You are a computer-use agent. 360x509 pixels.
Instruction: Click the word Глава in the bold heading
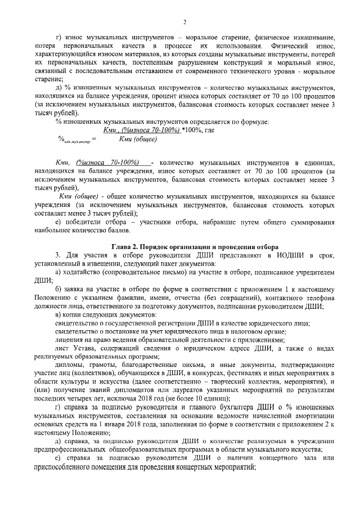point(123,247)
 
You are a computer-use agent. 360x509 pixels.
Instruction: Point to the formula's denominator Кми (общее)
point(138,138)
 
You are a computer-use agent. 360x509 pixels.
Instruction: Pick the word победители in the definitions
point(82,222)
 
